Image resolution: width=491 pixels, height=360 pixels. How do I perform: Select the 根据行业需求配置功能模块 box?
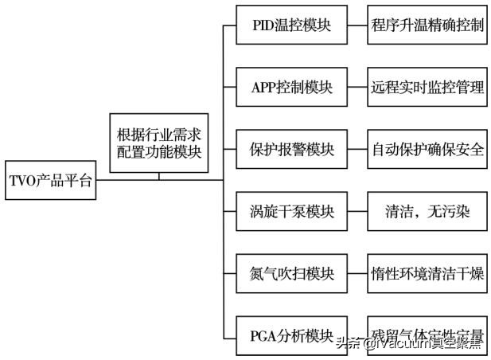tap(158, 142)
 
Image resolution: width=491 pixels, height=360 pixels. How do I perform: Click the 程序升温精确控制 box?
tap(427, 25)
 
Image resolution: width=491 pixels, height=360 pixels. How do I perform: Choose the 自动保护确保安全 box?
tap(427, 150)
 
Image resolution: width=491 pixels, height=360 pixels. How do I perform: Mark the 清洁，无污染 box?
tap(427, 212)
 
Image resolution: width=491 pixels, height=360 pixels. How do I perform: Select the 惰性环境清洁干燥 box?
tap(427, 274)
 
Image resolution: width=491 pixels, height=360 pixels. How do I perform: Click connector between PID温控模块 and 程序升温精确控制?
tap(357, 25)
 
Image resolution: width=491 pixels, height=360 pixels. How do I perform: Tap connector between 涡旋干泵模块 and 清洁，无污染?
tap(357, 212)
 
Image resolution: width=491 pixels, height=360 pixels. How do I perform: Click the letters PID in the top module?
tap(263, 25)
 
